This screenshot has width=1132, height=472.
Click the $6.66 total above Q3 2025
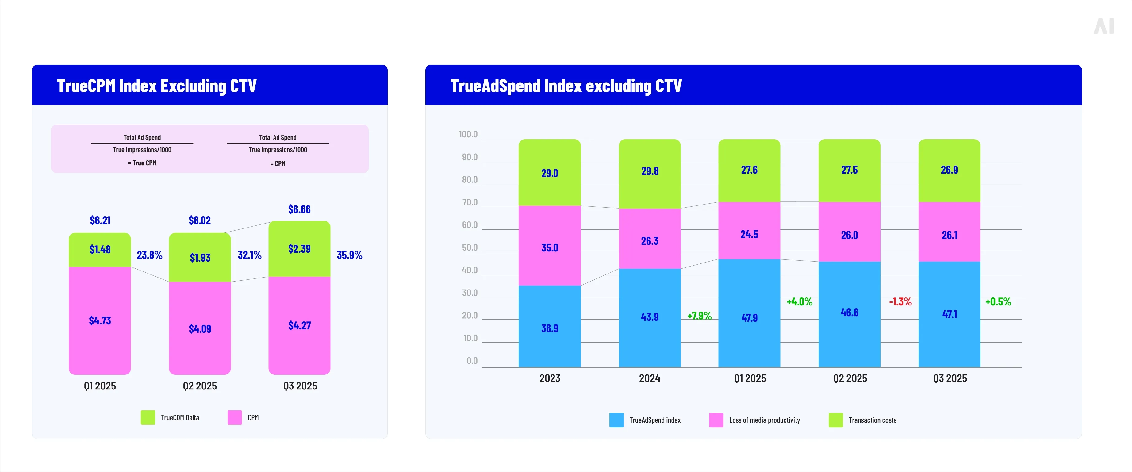tap(299, 209)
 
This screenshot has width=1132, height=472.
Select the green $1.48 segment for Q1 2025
tap(100, 250)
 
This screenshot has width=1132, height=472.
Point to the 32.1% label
tap(249, 255)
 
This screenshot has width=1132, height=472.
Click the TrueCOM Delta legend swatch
tap(148, 417)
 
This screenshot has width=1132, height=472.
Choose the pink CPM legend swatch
tap(235, 417)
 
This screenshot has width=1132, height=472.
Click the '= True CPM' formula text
tap(142, 163)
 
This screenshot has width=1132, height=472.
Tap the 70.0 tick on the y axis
tap(469, 202)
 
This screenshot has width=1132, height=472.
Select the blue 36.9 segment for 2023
tap(549, 328)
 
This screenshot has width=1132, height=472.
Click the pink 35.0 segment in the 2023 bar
tap(549, 248)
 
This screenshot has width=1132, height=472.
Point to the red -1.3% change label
tap(900, 301)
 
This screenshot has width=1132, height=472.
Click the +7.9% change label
tap(699, 316)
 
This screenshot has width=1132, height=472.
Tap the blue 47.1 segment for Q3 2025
tap(949, 314)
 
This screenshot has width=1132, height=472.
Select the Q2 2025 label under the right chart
tap(850, 378)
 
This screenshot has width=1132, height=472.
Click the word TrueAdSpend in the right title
tap(495, 86)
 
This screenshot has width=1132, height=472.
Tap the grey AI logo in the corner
tap(1103, 26)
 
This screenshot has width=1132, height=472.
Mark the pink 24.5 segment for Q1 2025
tap(749, 234)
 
